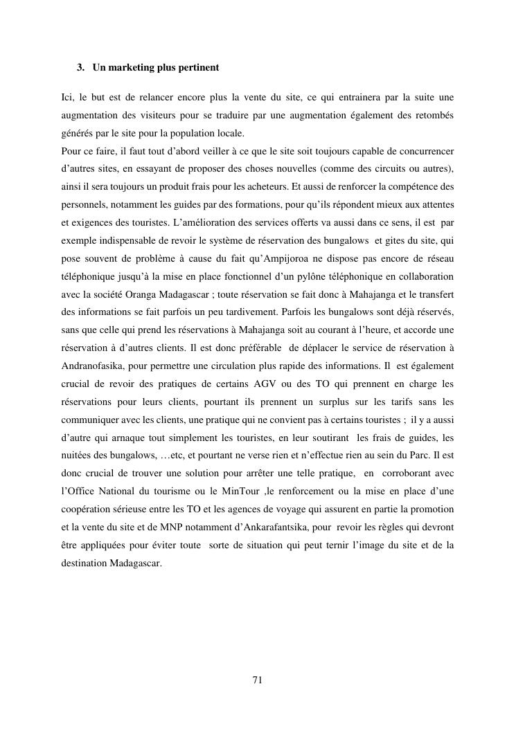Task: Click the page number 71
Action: pos(257,680)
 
